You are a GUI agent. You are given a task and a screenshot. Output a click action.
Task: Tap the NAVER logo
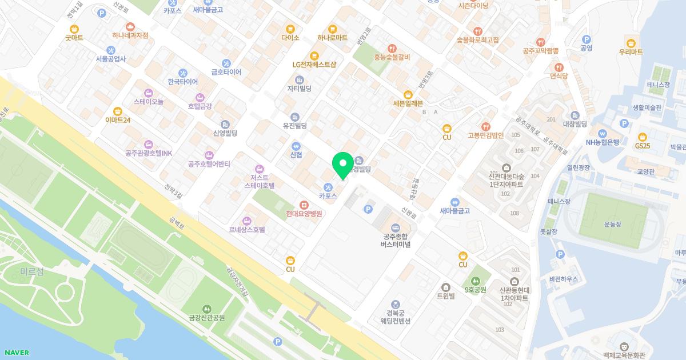tap(16, 353)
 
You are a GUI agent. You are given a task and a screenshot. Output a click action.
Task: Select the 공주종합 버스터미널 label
tap(396, 241)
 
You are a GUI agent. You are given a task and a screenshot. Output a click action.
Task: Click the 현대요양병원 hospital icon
tap(304, 205)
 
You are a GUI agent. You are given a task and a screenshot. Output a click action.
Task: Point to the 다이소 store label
tap(290, 38)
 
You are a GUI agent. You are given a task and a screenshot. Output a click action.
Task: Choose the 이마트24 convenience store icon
tap(118, 111)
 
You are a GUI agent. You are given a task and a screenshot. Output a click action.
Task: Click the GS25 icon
tap(643, 137)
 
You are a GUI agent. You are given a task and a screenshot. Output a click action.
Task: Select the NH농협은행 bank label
tap(602, 142)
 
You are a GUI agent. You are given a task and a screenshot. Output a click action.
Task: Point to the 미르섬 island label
tap(31, 271)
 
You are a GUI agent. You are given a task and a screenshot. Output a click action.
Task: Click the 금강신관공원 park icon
tap(207, 309)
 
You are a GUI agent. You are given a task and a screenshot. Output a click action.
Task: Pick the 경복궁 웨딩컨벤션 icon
tap(396, 304)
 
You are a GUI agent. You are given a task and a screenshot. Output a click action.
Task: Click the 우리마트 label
tap(631, 52)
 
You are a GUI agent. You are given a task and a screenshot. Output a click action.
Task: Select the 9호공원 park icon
tap(476, 281)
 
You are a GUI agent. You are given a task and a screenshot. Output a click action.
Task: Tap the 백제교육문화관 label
tap(624, 355)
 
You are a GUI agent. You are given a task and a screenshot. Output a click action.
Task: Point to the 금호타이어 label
tap(226, 72)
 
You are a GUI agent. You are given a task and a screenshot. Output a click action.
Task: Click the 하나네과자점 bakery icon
tap(130, 26)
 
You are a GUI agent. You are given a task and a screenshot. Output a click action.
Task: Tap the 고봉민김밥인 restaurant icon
tap(485, 126)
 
